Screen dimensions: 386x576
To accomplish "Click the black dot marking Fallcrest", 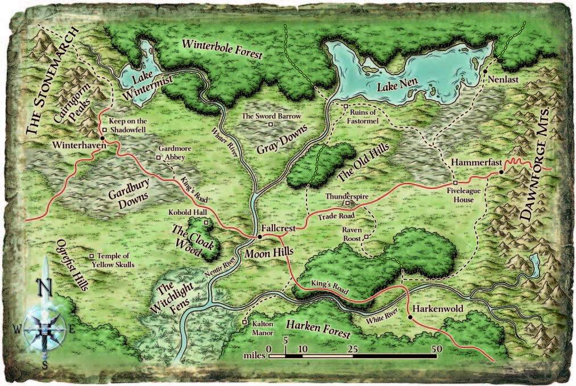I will point(259,236).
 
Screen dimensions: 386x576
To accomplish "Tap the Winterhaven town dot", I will point(102,138).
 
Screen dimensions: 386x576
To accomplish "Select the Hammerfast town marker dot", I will point(501,172).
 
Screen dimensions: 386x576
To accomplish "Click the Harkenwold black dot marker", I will point(409,316).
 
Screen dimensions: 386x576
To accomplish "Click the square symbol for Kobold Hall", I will point(206,222).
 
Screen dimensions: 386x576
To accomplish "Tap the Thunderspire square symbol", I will point(347,202).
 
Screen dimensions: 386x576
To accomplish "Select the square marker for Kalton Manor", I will point(245,323).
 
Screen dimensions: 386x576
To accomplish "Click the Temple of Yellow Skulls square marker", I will point(92,256).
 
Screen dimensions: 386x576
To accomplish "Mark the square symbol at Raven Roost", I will point(367,237).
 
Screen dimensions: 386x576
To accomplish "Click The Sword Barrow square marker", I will point(271,124).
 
